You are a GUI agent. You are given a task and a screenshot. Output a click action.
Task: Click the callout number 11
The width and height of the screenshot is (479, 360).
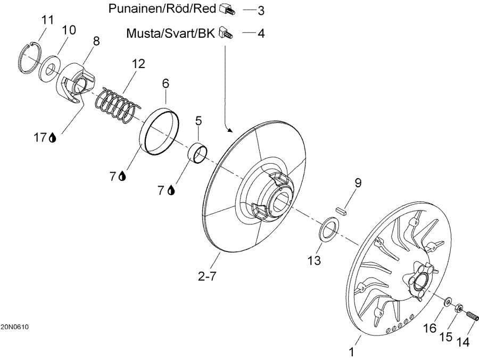click(48, 20)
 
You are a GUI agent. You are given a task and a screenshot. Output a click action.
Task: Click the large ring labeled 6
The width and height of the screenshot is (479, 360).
click(158, 133)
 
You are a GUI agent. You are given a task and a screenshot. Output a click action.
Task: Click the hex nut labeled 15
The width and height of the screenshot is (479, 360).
click(458, 307)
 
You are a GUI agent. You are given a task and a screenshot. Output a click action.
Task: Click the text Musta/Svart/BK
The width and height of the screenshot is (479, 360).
click(170, 34)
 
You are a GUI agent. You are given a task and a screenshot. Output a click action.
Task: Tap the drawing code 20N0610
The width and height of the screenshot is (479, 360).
click(14, 326)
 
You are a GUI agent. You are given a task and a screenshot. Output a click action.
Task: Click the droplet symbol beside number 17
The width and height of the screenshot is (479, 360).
click(52, 138)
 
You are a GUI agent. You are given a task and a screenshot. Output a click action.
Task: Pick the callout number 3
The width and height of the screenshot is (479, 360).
click(261, 10)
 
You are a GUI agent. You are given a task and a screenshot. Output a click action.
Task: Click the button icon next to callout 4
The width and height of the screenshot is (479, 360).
click(225, 34)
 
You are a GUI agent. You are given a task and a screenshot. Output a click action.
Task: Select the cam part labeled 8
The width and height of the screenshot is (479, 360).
click(76, 82)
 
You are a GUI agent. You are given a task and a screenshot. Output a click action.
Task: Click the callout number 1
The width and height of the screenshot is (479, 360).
click(351, 351)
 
